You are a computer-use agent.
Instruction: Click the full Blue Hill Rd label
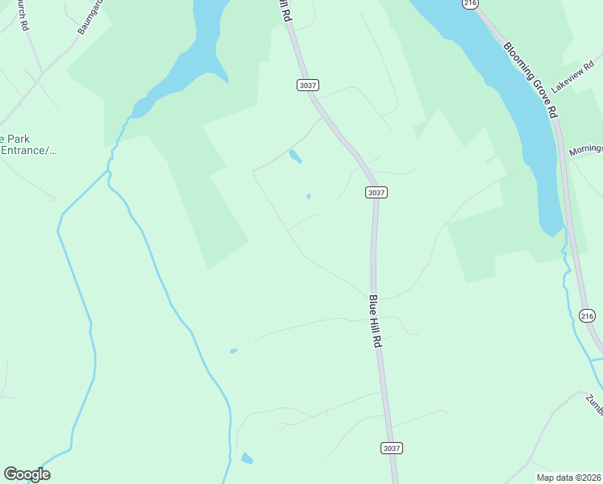pyautogui.click(x=375, y=322)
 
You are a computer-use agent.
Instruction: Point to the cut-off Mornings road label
pyautogui.click(x=585, y=151)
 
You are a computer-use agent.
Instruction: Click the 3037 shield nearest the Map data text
pyautogui.click(x=391, y=448)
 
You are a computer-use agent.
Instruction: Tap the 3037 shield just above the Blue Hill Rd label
pyautogui.click(x=376, y=192)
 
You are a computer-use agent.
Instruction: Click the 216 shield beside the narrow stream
pyautogui.click(x=588, y=315)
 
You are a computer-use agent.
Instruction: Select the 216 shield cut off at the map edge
pyautogui.click(x=470, y=3)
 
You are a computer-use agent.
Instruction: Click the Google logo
pyautogui.click(x=27, y=474)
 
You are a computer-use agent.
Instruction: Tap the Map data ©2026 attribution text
pyautogui.click(x=568, y=478)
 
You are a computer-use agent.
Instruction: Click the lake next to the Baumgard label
pyautogui.click(x=202, y=40)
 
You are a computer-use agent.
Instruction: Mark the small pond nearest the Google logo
pyautogui.click(x=247, y=459)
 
